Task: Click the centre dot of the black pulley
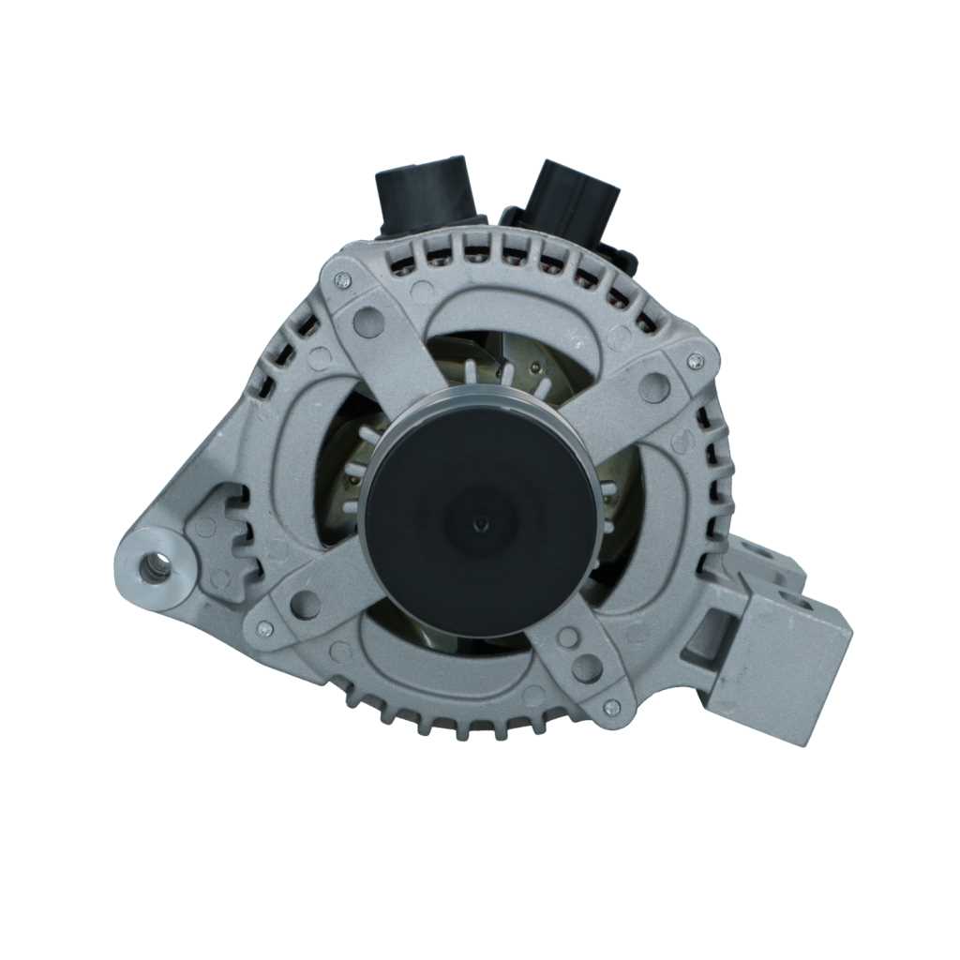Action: tap(480, 523)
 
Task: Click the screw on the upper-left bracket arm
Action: tap(342, 278)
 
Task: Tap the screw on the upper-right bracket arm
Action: tap(695, 359)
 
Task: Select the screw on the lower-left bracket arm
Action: tap(265, 628)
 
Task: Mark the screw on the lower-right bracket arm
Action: tap(611, 707)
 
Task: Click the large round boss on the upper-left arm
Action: tap(368, 322)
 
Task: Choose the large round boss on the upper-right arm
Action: tap(653, 386)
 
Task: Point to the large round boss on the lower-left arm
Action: tap(306, 605)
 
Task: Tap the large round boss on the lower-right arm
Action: tap(587, 667)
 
